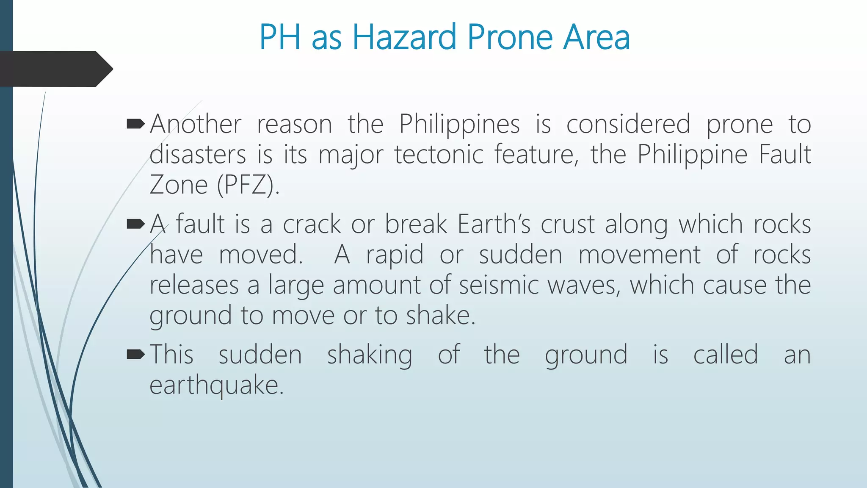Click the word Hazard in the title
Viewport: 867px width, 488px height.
click(x=405, y=37)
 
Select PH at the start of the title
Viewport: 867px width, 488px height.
click(x=280, y=37)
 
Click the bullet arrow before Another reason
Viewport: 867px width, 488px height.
click(x=136, y=124)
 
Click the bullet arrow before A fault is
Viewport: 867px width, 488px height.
click(x=136, y=224)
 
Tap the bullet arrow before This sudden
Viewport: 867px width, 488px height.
click(x=136, y=355)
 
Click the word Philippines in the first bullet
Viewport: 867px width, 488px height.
click(x=459, y=125)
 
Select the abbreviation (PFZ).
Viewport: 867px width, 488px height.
click(x=249, y=186)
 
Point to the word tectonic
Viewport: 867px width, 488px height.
click(x=439, y=155)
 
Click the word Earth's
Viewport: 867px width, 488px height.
click(x=494, y=224)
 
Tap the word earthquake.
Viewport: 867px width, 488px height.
click(x=216, y=385)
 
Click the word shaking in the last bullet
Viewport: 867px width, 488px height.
click(x=370, y=355)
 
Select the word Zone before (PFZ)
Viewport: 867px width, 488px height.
click(x=179, y=186)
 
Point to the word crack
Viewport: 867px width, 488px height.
click(x=312, y=224)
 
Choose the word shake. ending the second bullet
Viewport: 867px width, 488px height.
click(x=441, y=316)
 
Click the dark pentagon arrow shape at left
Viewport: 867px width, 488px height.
click(x=55, y=69)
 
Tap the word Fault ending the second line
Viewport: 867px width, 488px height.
click(x=784, y=155)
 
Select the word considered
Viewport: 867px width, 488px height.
click(x=628, y=125)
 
